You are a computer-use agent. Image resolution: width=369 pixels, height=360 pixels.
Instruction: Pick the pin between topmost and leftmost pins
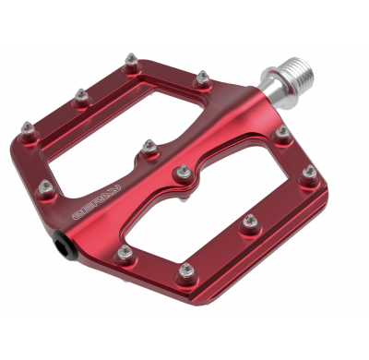[80, 93]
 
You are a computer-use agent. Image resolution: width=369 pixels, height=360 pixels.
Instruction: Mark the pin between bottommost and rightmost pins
[246, 220]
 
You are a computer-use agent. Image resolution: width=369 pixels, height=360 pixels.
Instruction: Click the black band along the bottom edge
[184, 323]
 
